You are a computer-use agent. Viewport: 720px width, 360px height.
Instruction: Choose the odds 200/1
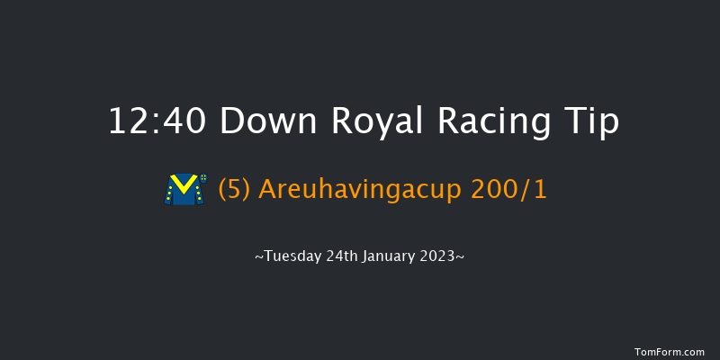click(x=517, y=191)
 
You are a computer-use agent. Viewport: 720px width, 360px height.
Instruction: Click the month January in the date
click(x=387, y=257)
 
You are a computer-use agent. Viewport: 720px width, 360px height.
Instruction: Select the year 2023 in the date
click(x=440, y=257)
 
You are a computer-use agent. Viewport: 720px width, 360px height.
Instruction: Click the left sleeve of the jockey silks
click(x=170, y=192)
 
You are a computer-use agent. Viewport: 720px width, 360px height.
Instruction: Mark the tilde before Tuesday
click(x=259, y=258)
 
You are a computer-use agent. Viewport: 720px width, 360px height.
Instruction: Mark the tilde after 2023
click(x=461, y=258)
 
